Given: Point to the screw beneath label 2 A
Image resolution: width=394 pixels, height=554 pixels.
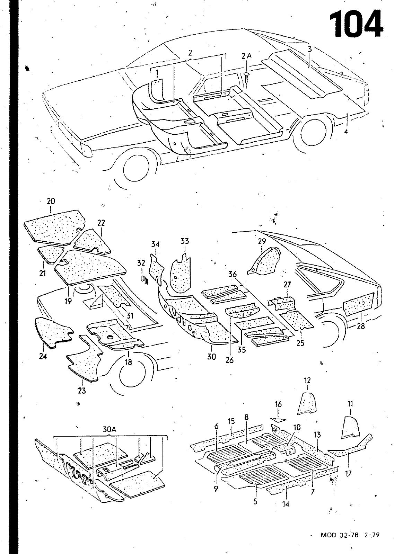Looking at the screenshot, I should pos(247,77).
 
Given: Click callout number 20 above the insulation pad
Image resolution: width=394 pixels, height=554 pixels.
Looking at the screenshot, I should pos(51,201).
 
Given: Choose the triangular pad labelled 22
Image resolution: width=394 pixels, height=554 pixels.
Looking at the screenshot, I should pos(91,241).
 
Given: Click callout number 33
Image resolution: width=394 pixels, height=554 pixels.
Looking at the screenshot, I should pos(185,241).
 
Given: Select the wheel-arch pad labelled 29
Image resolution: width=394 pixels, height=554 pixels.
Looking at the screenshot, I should pos(264,261).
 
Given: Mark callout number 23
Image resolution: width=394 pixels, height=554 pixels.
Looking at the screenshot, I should pos(82,391).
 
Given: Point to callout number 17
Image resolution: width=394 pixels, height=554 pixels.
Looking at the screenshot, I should pos(349,473).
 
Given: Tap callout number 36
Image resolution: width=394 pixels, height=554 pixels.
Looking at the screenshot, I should pos(233,274).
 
